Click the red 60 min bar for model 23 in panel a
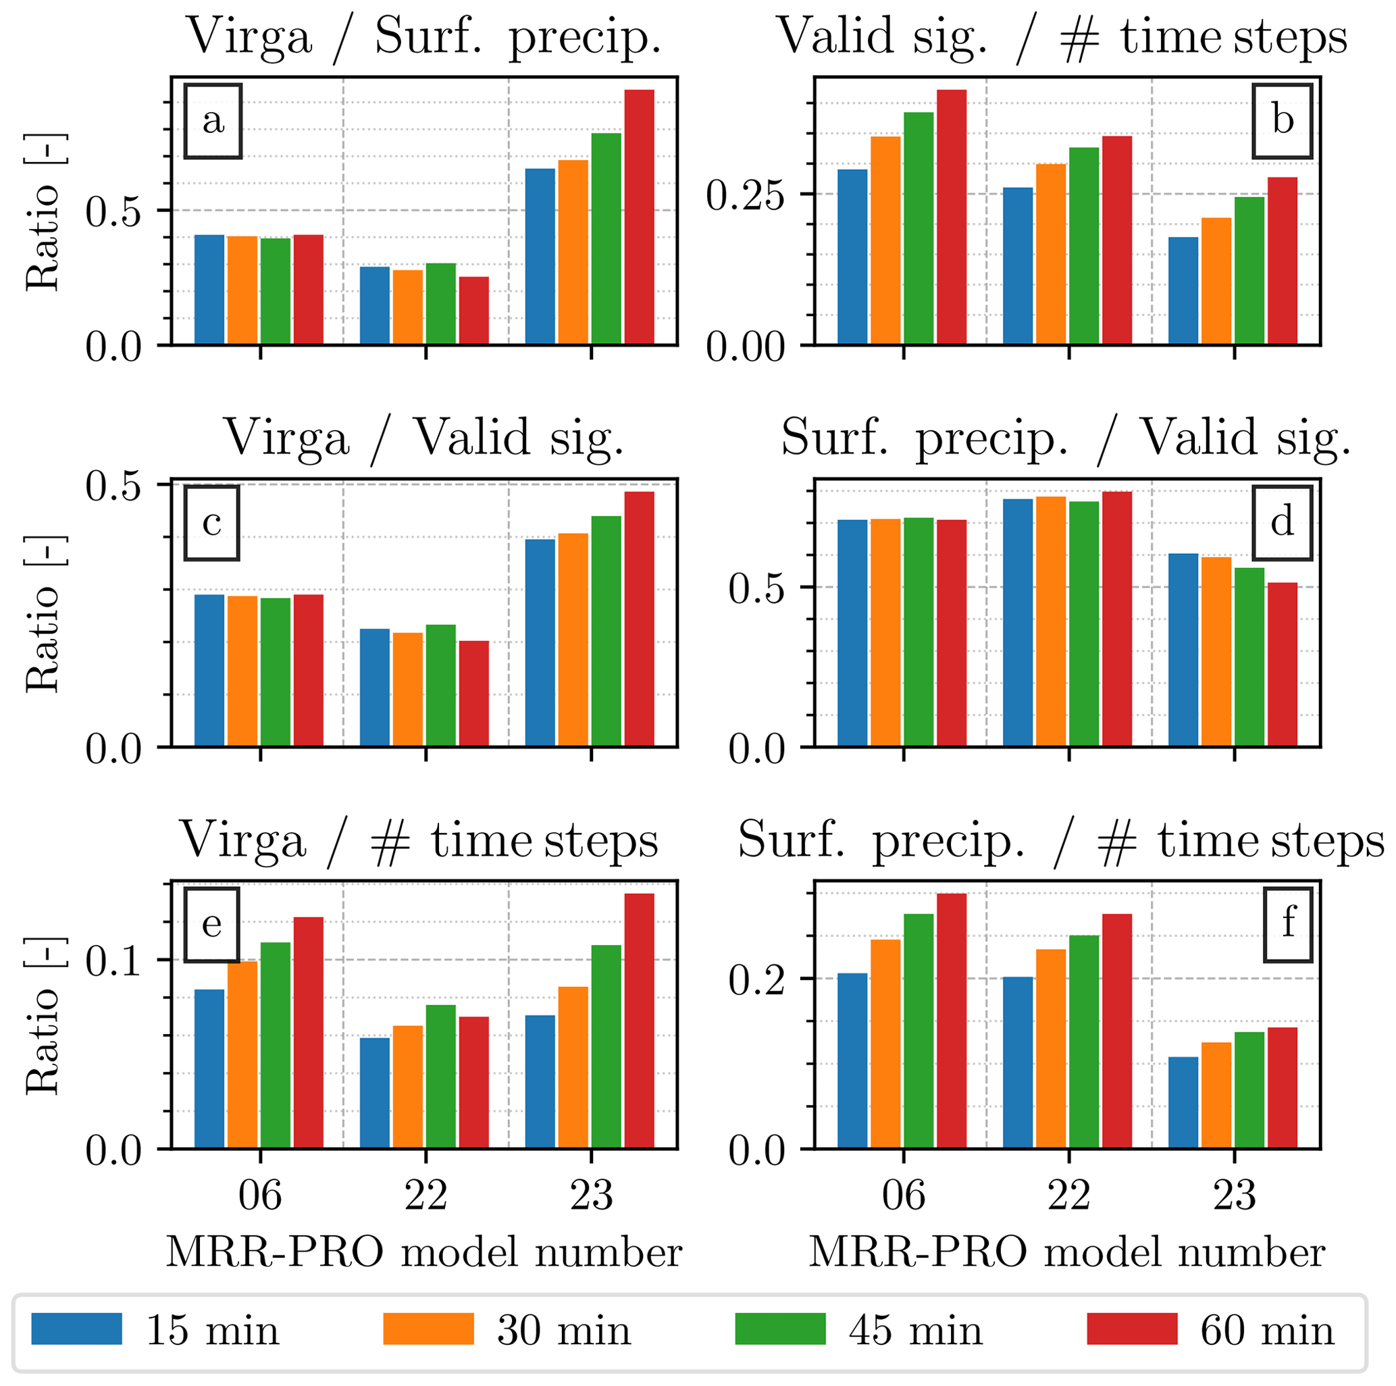(x=639, y=217)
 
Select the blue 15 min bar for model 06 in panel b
(x=852, y=257)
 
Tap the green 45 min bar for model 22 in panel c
(x=440, y=685)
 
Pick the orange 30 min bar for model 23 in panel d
(x=1216, y=651)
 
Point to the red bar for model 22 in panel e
(x=473, y=1082)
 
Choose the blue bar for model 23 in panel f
(x=1183, y=1102)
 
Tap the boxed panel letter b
(x=1282, y=121)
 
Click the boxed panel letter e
(x=211, y=924)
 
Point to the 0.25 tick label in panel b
(x=745, y=195)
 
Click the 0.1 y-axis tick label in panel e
(x=113, y=961)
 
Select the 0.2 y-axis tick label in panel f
(x=756, y=981)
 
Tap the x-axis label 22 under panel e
(x=425, y=1196)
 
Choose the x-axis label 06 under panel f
(x=903, y=1196)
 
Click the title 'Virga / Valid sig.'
(x=424, y=438)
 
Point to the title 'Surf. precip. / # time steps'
(x=1060, y=841)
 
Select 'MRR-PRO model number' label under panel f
(x=1066, y=1252)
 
